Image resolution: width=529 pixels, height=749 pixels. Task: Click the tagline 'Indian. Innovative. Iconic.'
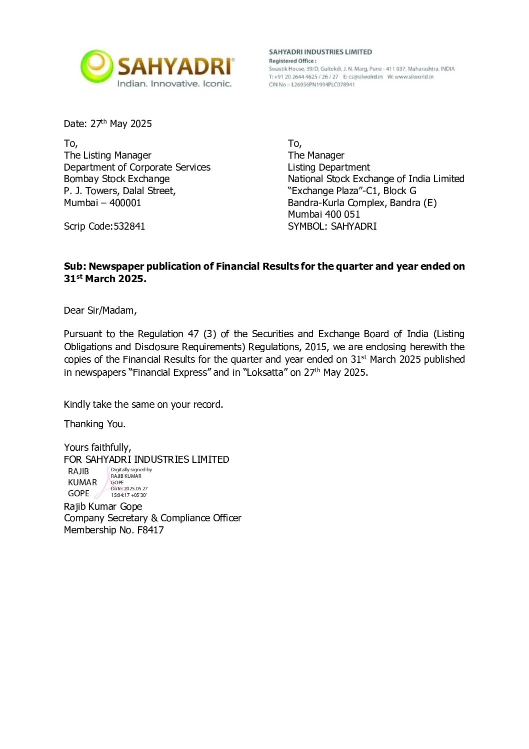[x=174, y=84]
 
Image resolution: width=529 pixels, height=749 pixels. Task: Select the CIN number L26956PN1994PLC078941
[x=323, y=85]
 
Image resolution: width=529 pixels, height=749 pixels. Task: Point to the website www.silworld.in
[x=414, y=77]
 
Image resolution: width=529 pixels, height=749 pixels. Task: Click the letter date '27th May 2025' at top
[x=121, y=124]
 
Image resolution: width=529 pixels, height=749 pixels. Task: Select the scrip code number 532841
[x=129, y=226]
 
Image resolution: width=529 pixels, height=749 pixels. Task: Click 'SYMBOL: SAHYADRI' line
[x=332, y=226]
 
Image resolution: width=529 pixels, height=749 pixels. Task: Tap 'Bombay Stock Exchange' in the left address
[x=116, y=179]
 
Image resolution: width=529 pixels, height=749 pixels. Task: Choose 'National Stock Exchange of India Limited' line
[x=376, y=179]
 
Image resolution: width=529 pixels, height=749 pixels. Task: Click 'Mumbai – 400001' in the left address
[x=102, y=203]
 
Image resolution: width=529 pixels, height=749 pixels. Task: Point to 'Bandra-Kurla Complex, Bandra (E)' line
[x=362, y=203]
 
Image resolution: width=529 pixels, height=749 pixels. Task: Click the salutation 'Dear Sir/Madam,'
[x=100, y=310]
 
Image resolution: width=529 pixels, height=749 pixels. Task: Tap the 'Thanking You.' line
[x=94, y=424]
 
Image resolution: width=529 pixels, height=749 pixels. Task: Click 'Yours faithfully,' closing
[x=97, y=447]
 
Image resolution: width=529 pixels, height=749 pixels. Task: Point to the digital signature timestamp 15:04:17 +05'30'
[x=129, y=495]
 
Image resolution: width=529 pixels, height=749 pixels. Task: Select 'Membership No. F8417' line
[x=113, y=530]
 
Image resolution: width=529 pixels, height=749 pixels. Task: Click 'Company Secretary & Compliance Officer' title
[x=152, y=518]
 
